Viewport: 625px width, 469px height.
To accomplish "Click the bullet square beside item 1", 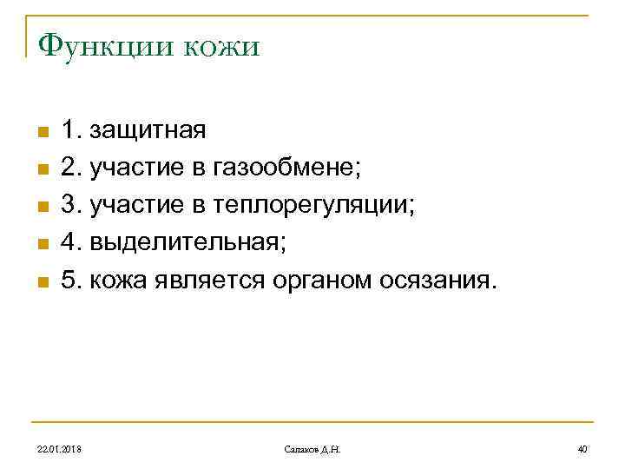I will tap(41, 133).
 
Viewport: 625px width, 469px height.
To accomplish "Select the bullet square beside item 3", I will tap(41, 208).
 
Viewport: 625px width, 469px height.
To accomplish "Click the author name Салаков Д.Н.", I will tap(312, 448).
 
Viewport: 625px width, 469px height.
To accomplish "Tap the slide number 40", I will tap(582, 448).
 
